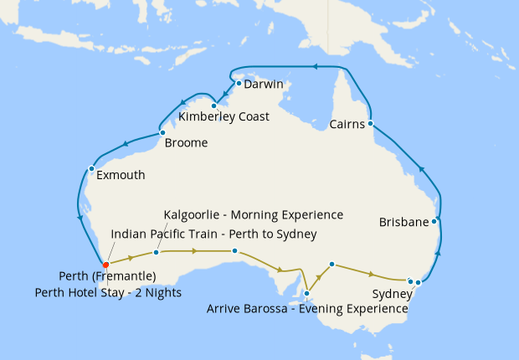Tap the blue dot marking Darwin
click(239, 83)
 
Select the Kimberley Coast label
click(224, 117)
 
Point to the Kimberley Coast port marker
click(214, 105)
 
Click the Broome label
click(186, 143)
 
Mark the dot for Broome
click(162, 132)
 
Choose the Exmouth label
click(121, 176)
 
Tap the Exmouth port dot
click(91, 168)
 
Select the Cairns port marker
click(370, 123)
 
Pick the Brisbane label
click(404, 223)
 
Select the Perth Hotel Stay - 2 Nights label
click(109, 292)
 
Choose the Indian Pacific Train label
click(213, 234)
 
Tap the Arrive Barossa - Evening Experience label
click(307, 309)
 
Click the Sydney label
click(392, 294)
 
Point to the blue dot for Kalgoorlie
click(157, 252)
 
